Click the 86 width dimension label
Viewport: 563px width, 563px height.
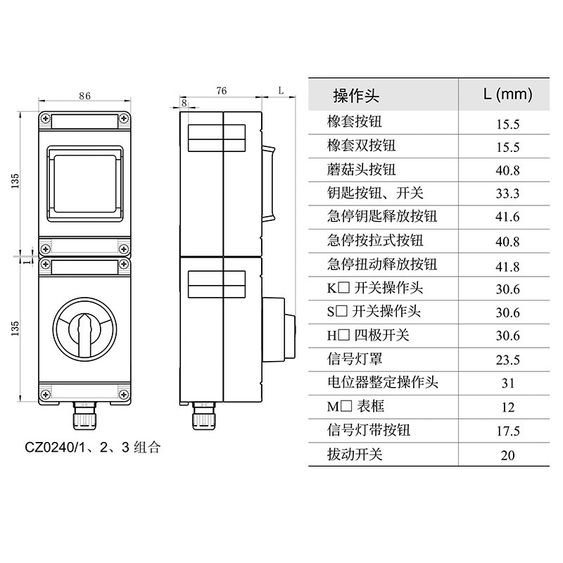tap(84, 96)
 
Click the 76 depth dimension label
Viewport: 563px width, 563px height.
tap(222, 91)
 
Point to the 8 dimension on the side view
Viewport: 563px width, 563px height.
tap(184, 103)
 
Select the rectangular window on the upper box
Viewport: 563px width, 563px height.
tap(84, 184)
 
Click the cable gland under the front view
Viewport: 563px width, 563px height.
tap(84, 416)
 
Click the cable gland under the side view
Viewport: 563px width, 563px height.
tap(205, 416)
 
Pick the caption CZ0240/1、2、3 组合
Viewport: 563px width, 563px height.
tap(93, 448)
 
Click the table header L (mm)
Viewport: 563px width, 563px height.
tap(507, 94)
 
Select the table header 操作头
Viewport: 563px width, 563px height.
tap(356, 96)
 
